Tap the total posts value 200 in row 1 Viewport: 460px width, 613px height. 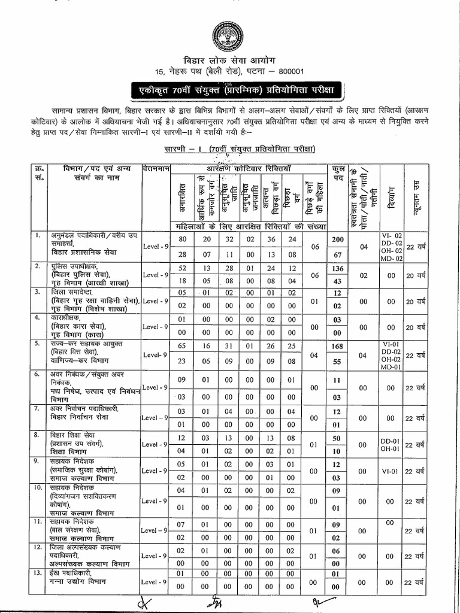click(337, 239)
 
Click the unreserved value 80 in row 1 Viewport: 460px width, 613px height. click(183, 239)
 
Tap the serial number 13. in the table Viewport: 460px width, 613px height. click(39, 573)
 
